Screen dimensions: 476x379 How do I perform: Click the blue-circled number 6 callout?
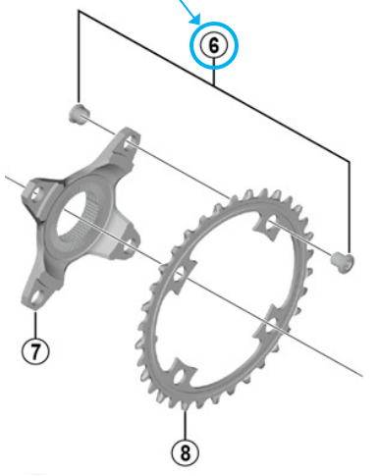tap(215, 45)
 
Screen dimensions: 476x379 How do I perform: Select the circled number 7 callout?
tap(36, 348)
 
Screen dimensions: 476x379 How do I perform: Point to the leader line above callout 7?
tap(36, 324)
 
